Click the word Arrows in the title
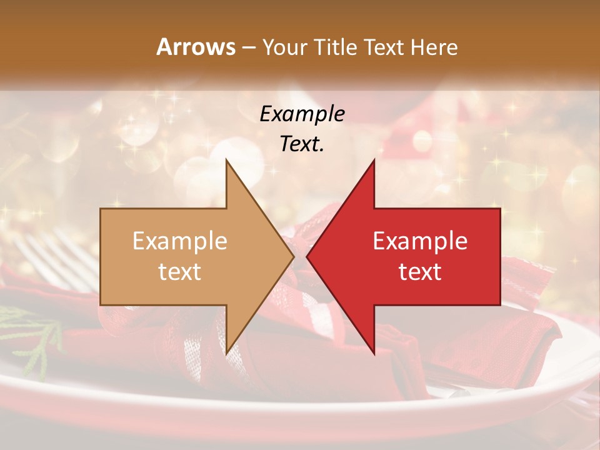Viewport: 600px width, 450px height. [x=196, y=47]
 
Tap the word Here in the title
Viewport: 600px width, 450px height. [x=434, y=47]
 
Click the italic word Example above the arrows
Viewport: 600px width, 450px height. [x=302, y=114]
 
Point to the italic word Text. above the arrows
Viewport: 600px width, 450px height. [x=302, y=144]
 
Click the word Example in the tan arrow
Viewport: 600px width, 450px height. [x=180, y=241]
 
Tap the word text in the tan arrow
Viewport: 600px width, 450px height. [x=180, y=272]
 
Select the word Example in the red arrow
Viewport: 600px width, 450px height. [x=420, y=241]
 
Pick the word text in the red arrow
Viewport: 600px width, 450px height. [x=420, y=272]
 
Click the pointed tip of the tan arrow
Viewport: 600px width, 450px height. [x=292, y=256]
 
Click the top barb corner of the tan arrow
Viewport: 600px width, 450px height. [x=226, y=160]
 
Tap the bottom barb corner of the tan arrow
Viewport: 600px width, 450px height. [x=226, y=353]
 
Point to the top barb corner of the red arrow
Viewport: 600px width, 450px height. [x=374, y=160]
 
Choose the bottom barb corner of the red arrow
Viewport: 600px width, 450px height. [x=374, y=353]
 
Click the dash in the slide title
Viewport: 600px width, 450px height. [x=248, y=47]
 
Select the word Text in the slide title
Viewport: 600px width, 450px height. [x=385, y=47]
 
